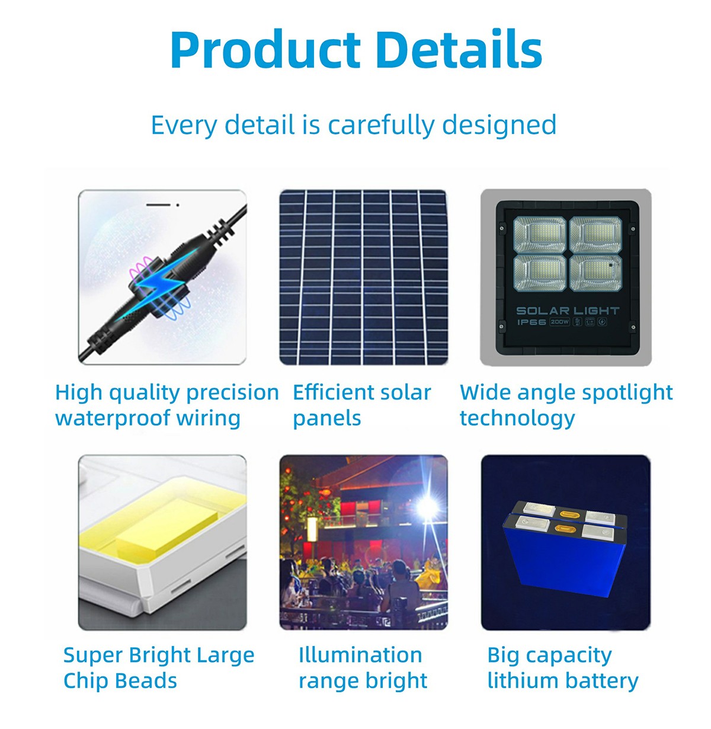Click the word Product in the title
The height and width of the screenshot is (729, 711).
pos(265,49)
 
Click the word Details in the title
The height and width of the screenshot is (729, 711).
pos(459,49)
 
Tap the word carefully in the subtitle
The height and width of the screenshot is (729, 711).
pos(381,126)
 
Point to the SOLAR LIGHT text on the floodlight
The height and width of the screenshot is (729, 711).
pos(568,311)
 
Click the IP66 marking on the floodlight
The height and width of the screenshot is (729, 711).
pos(531,322)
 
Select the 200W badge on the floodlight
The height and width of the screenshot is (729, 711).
pos(560,322)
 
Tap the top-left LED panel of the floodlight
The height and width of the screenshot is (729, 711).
pos(540,235)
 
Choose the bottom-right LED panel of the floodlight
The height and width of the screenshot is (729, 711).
pos(595,273)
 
